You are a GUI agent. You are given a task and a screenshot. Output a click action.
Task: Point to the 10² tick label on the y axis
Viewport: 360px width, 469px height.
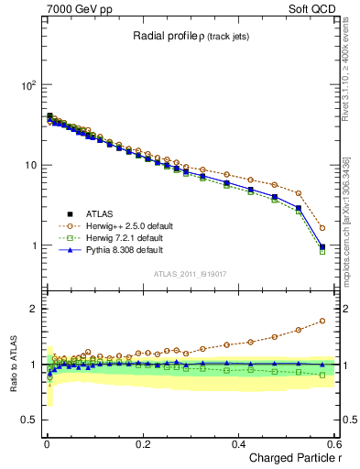(x=27, y=85)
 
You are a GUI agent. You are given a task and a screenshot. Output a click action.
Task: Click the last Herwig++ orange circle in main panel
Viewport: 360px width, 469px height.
(x=322, y=228)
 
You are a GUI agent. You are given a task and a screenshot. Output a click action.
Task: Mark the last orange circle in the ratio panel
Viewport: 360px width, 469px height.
(x=322, y=321)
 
